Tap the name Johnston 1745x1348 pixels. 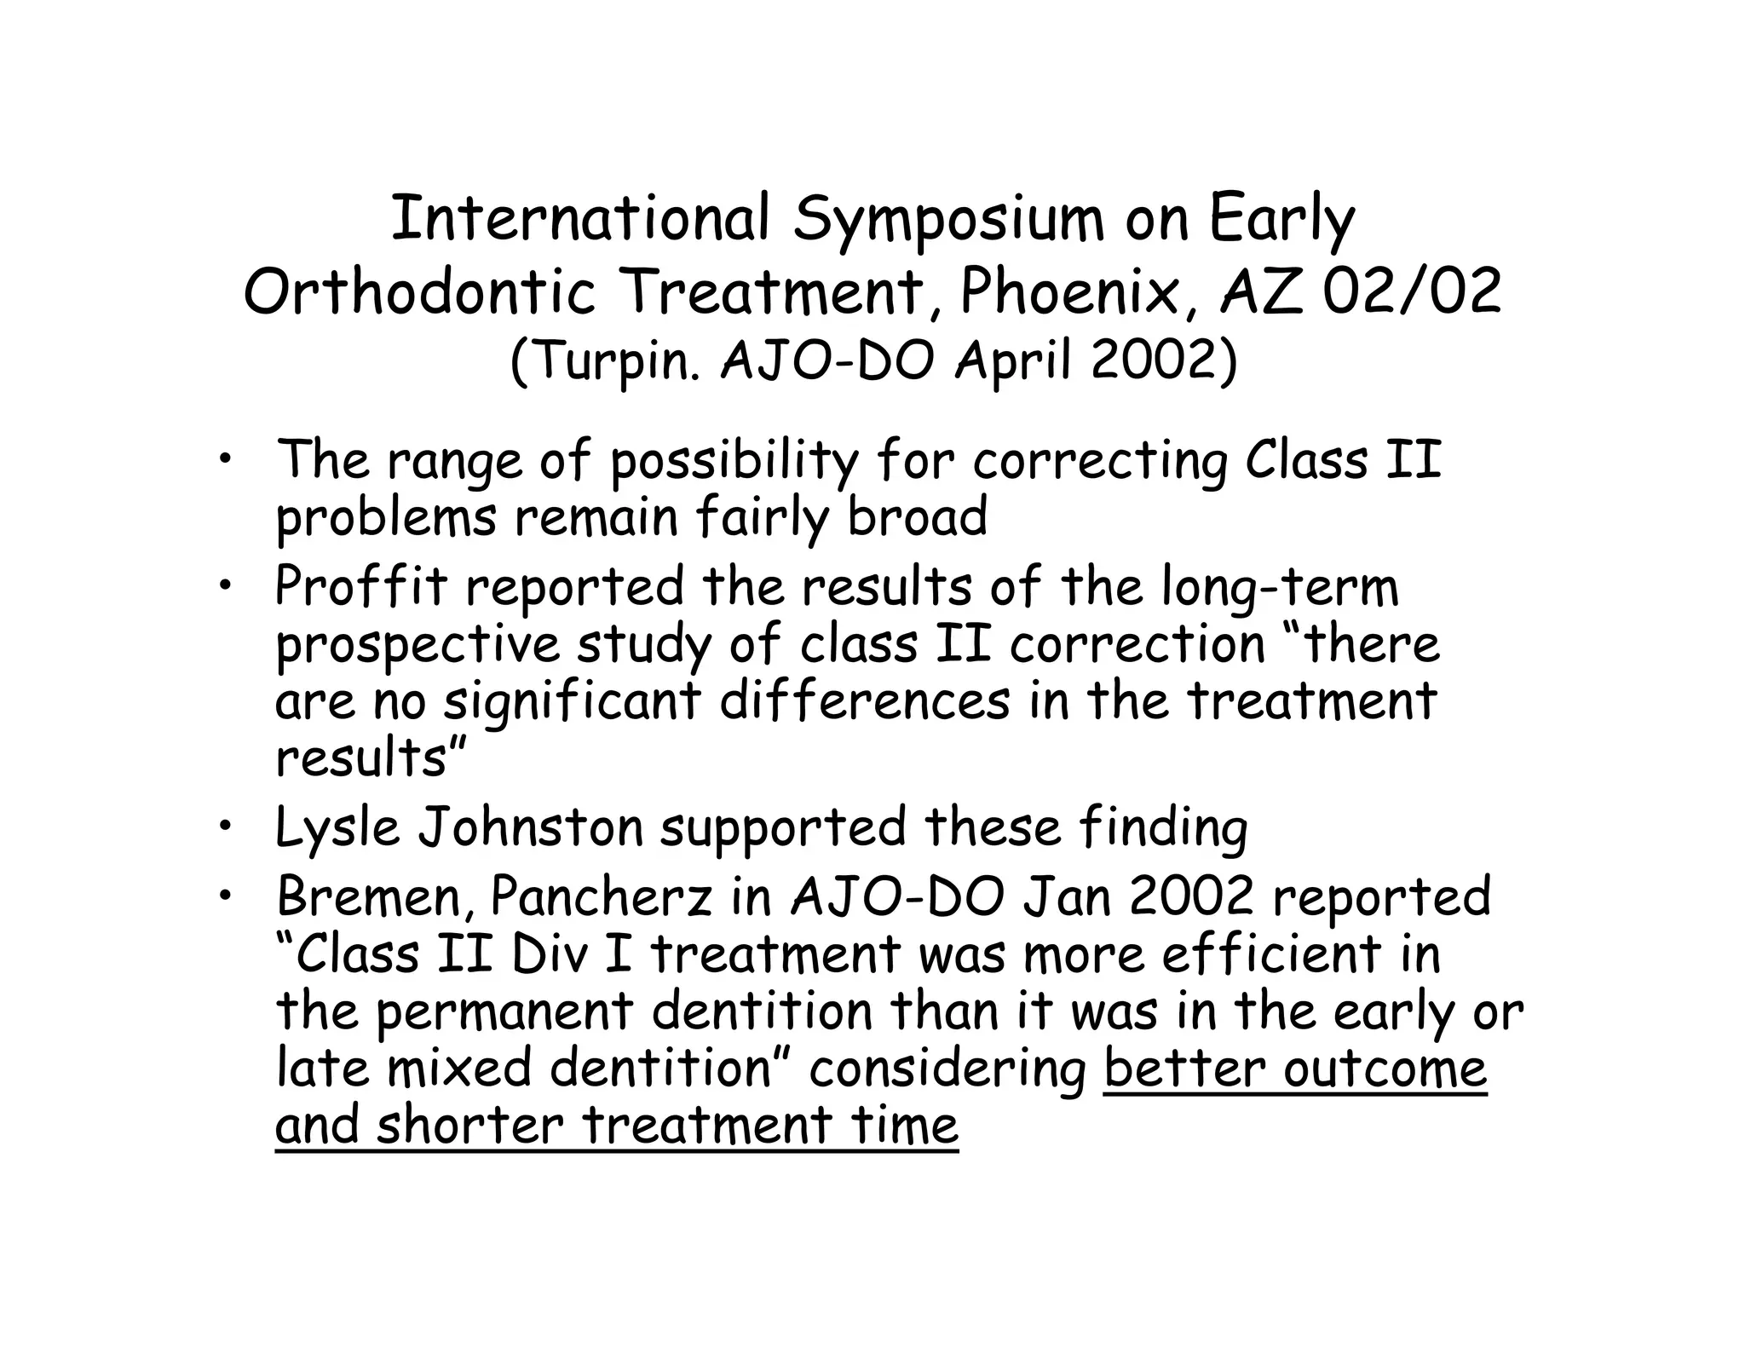(x=529, y=827)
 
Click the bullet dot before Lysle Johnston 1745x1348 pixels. (x=224, y=824)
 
